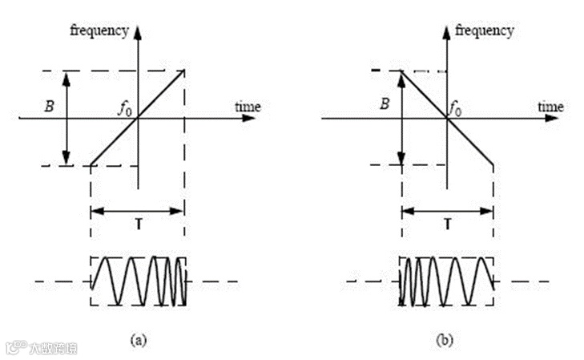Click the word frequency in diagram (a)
(99, 31)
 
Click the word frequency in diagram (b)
(484, 31)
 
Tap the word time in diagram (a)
(248, 107)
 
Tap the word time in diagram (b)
(550, 107)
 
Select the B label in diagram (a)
(49, 106)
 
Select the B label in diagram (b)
(385, 103)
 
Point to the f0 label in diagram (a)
(125, 109)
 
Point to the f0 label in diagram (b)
(454, 109)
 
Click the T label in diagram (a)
(139, 224)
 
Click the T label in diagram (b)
(448, 224)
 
